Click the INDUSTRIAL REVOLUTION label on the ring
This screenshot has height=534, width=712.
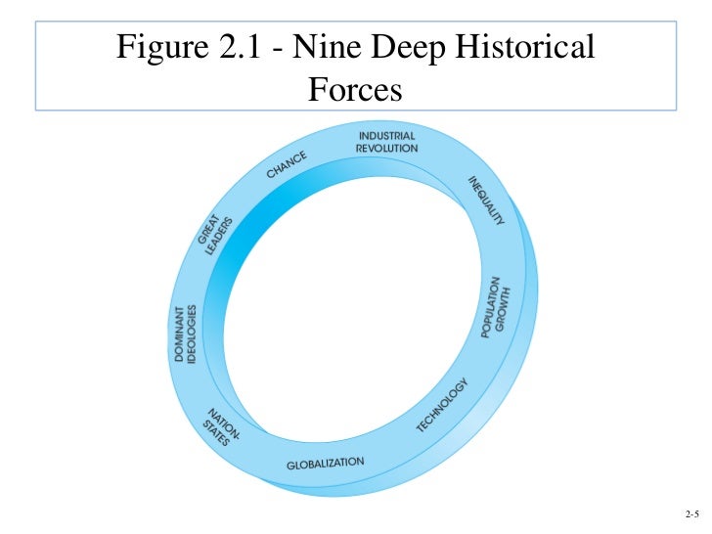[x=386, y=142]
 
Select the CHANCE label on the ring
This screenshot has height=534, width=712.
[x=288, y=165]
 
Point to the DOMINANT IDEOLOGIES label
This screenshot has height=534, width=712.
[x=186, y=334]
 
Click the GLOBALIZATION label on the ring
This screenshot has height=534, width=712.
[x=325, y=462]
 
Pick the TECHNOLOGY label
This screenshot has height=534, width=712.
[x=443, y=405]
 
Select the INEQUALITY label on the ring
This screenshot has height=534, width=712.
[x=485, y=201]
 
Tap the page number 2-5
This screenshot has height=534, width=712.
[x=691, y=513]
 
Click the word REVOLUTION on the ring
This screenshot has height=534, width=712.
[x=386, y=148]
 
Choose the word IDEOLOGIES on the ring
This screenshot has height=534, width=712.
[x=193, y=334]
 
